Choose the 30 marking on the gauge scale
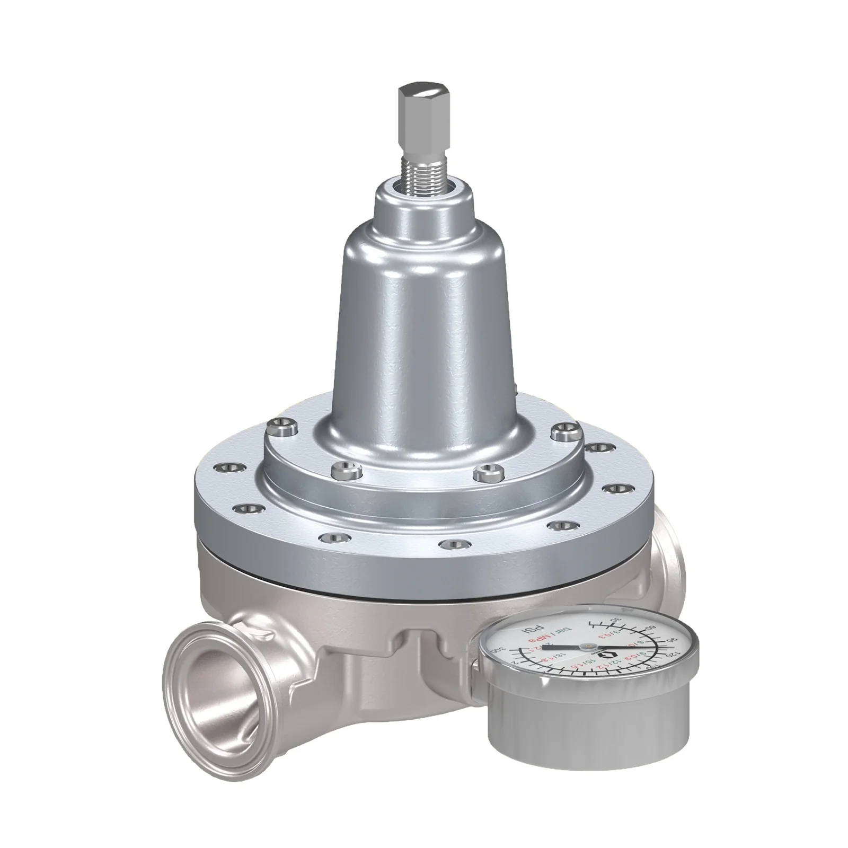pyautogui.click(x=615, y=619)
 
